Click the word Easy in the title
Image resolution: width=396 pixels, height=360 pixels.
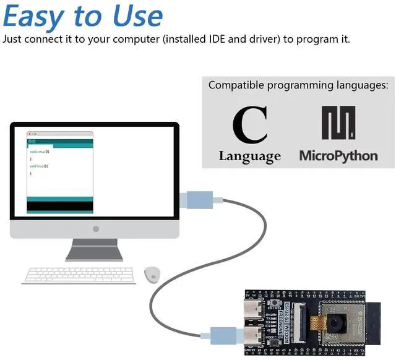tap(35, 17)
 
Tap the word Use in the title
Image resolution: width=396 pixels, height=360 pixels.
tap(134, 17)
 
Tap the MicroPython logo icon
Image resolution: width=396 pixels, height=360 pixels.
tap(338, 122)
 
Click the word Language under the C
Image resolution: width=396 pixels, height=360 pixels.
tap(249, 156)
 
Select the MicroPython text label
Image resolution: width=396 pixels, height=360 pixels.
tap(338, 155)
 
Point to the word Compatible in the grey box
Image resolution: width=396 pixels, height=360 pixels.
tap(235, 85)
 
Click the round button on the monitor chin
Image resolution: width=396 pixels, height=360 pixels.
tap(95, 229)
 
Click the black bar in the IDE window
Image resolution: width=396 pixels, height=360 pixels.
tap(60, 205)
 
